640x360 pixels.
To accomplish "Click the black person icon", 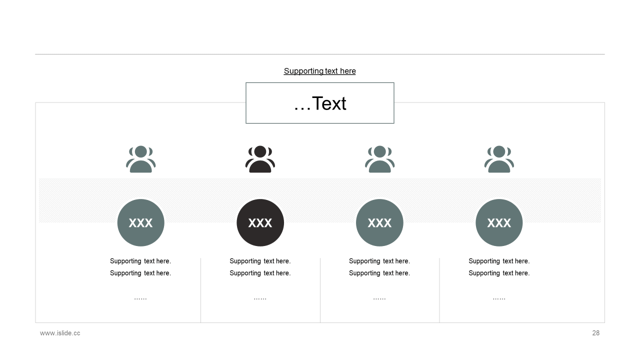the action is point(260,159).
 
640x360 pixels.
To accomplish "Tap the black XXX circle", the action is point(260,222).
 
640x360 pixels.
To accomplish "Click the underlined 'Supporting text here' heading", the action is point(319,71).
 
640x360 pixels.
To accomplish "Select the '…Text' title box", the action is point(319,103).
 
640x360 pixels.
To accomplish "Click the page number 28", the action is point(595,333).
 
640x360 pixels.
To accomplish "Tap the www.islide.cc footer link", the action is point(60,333).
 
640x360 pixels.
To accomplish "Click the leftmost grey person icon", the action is point(141,159).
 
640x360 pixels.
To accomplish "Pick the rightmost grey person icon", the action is point(499,159).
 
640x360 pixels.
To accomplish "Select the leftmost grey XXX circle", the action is point(141,222).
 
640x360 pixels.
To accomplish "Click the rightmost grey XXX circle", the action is point(499,222).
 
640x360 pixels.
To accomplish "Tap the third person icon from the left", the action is point(379,159).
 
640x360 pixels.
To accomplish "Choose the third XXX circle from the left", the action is point(379,222).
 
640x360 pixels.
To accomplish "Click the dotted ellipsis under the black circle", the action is point(260,299).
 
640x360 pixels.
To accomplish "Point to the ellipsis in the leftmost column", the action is point(140,299).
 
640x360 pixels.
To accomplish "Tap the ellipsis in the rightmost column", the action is point(499,299).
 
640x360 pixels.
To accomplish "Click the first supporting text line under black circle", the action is point(260,261).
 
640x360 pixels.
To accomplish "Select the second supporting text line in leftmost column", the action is point(140,273).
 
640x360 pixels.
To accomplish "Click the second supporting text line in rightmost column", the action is point(499,273).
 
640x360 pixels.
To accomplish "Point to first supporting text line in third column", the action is point(379,261).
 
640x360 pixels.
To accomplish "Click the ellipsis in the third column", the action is point(379,299).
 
